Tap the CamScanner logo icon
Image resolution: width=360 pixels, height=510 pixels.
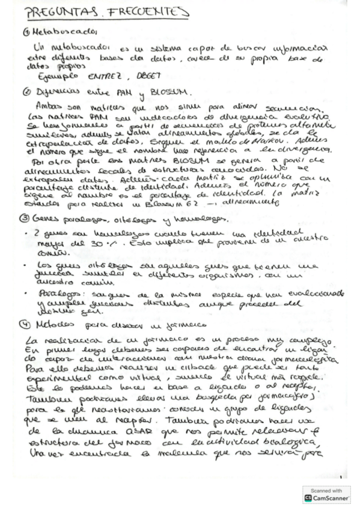(x=308, y=499)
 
